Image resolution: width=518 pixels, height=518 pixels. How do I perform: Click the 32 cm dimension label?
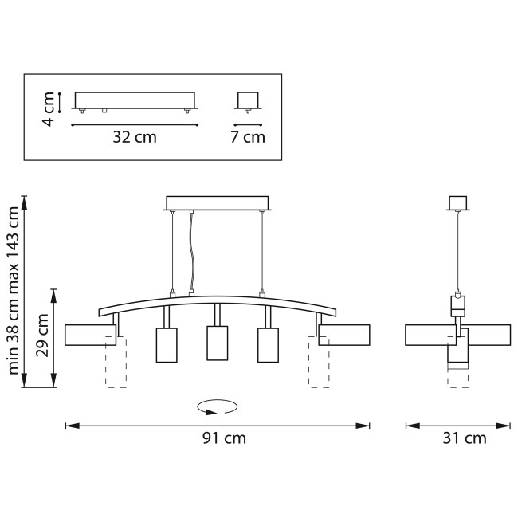coord(134,137)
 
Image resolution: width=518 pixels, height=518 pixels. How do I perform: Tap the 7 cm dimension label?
coord(248,137)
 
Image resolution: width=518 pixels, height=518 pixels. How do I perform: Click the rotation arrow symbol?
coord(218,407)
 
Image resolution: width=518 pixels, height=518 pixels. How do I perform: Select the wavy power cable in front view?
coord(190,251)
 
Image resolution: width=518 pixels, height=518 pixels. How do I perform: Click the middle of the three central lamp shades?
coord(218,343)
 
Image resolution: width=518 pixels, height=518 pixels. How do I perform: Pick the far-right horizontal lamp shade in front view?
coord(344,336)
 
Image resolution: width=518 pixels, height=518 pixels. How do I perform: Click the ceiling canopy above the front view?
coord(218,202)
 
